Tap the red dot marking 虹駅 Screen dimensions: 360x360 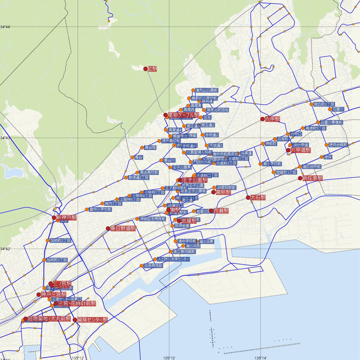pyautogui.click(x=145, y=69)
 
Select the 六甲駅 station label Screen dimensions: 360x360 pyautogui.click(x=272, y=119)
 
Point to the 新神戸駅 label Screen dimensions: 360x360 pyautogui.click(x=66, y=218)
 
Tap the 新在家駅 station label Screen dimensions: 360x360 pyautogui.click(x=312, y=178)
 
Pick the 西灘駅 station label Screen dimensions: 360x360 pyautogui.click(x=221, y=211)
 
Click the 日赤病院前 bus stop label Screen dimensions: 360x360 pyautogui.click(x=153, y=266)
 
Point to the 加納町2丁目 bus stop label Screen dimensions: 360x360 pyautogui.click(x=60, y=241)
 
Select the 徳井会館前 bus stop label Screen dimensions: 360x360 pyautogui.click(x=338, y=145)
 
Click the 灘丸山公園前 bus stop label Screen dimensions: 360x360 pyautogui.click(x=206, y=90)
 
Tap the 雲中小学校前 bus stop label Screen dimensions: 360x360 pyautogui.click(x=100, y=209)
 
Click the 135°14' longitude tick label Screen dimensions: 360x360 pyautogui.click(x=260, y=358)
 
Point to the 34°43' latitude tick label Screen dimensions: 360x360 pyautogui.click(x=5, y=138)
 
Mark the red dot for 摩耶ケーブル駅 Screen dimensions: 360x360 pyautogui.click(x=165, y=115)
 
